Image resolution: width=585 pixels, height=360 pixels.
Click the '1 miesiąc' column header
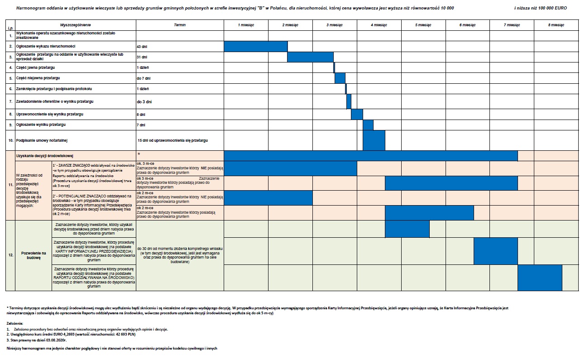(246, 25)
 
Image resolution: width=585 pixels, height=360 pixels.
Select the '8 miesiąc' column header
(556, 25)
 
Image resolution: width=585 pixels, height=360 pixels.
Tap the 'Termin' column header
(180, 25)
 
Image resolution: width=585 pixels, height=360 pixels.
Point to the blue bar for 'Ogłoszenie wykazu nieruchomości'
(255, 46)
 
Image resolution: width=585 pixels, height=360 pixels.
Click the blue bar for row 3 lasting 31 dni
(310, 57)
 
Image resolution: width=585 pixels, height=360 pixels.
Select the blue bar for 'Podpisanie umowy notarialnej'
(374, 140)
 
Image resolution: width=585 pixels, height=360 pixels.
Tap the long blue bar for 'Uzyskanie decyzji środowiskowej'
(370, 156)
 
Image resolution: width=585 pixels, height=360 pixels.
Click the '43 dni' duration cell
(142, 47)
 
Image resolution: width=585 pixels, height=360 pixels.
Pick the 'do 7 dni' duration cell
(143, 78)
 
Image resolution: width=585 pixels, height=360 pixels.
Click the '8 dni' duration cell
(141, 115)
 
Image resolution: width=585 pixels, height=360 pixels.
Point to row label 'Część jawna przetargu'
(35, 67)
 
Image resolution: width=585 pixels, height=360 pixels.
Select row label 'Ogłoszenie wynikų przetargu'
(41, 125)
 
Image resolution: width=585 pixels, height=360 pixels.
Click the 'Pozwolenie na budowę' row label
(31, 255)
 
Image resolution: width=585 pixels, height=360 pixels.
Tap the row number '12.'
(10, 255)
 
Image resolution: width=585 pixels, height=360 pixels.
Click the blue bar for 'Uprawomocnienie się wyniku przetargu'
(357, 115)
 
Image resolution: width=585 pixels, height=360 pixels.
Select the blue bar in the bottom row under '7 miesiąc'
(540, 278)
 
